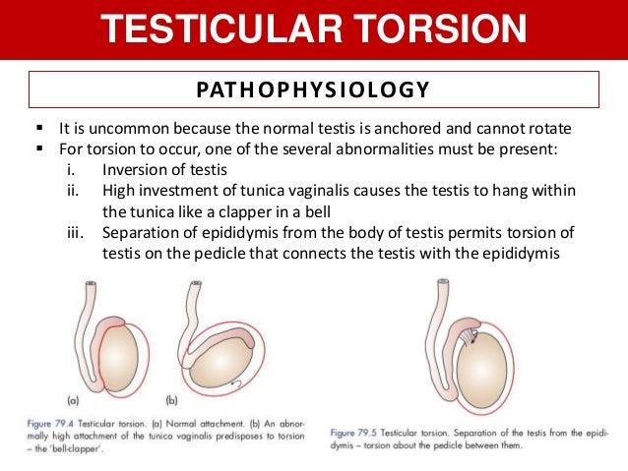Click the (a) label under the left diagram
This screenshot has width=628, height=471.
[x=73, y=401]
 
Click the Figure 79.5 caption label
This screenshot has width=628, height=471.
[x=357, y=433]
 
